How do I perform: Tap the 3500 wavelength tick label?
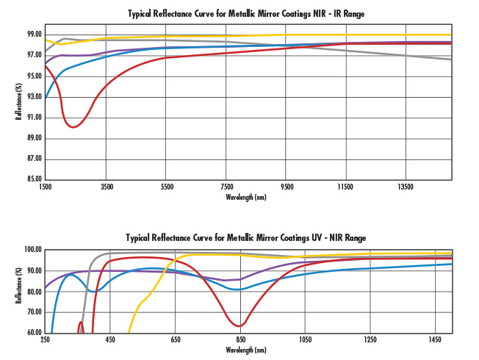click(107, 187)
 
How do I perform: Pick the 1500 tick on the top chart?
click(46, 187)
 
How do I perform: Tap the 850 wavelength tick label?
click(240, 340)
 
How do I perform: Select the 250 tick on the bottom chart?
click(46, 340)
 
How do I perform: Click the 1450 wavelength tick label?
click(435, 340)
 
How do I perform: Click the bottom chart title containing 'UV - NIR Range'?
click(246, 238)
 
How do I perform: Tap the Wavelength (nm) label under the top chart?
click(246, 197)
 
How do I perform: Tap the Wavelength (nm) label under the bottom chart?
click(246, 350)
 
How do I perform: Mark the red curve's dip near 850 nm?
click(240, 325)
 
